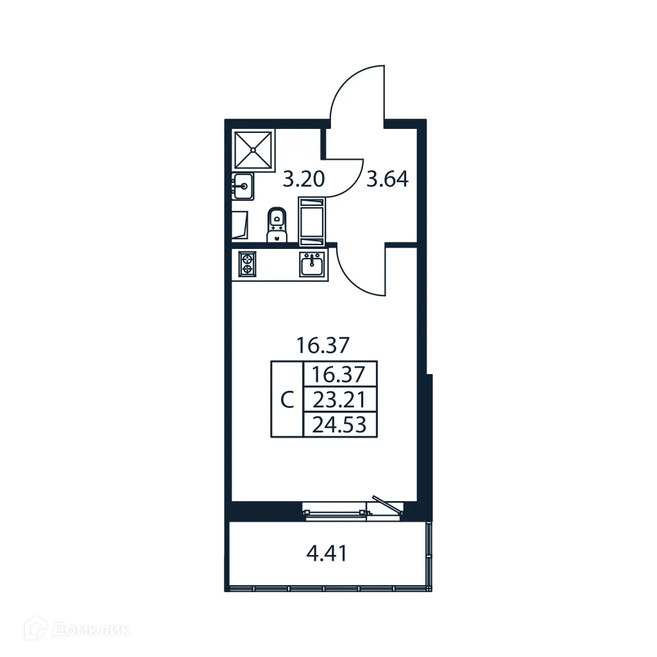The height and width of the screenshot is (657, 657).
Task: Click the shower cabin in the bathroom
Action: (253, 150)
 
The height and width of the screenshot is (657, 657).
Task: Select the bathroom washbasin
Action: (244, 187)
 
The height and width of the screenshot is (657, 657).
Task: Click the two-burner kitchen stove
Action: (248, 264)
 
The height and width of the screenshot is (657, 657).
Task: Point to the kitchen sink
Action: (312, 264)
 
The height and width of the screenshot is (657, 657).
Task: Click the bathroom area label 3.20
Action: (303, 179)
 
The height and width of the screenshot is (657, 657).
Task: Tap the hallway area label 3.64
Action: (387, 179)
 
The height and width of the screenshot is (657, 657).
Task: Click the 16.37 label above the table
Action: (322, 346)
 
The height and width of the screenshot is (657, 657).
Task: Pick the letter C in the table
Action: (287, 400)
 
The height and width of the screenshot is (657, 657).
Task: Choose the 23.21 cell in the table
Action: (339, 400)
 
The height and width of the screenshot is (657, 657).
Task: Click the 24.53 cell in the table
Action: (339, 425)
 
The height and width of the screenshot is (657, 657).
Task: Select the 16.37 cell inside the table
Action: (339, 374)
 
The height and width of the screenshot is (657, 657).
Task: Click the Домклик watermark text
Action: (90, 630)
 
